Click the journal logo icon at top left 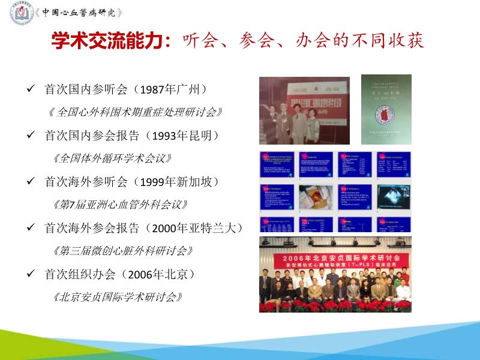(x=22, y=13)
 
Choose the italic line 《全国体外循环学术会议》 (x=112, y=158)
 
